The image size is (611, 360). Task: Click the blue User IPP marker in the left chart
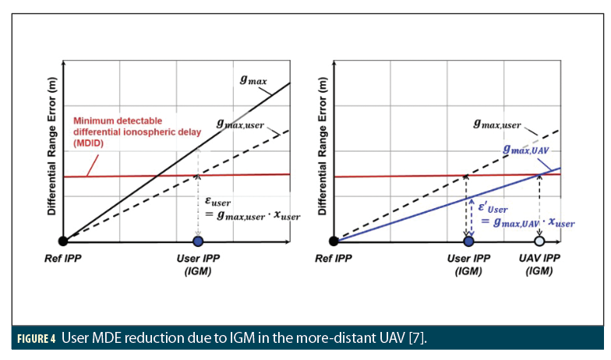[198, 242]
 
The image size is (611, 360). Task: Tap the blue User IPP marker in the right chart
[468, 242]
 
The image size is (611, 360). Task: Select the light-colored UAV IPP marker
[539, 242]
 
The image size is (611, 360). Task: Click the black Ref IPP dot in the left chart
[65, 242]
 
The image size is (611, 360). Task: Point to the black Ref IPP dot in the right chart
[335, 242]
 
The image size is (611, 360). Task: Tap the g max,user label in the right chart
[497, 124]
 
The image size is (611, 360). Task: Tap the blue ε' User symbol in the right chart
[493, 209]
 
